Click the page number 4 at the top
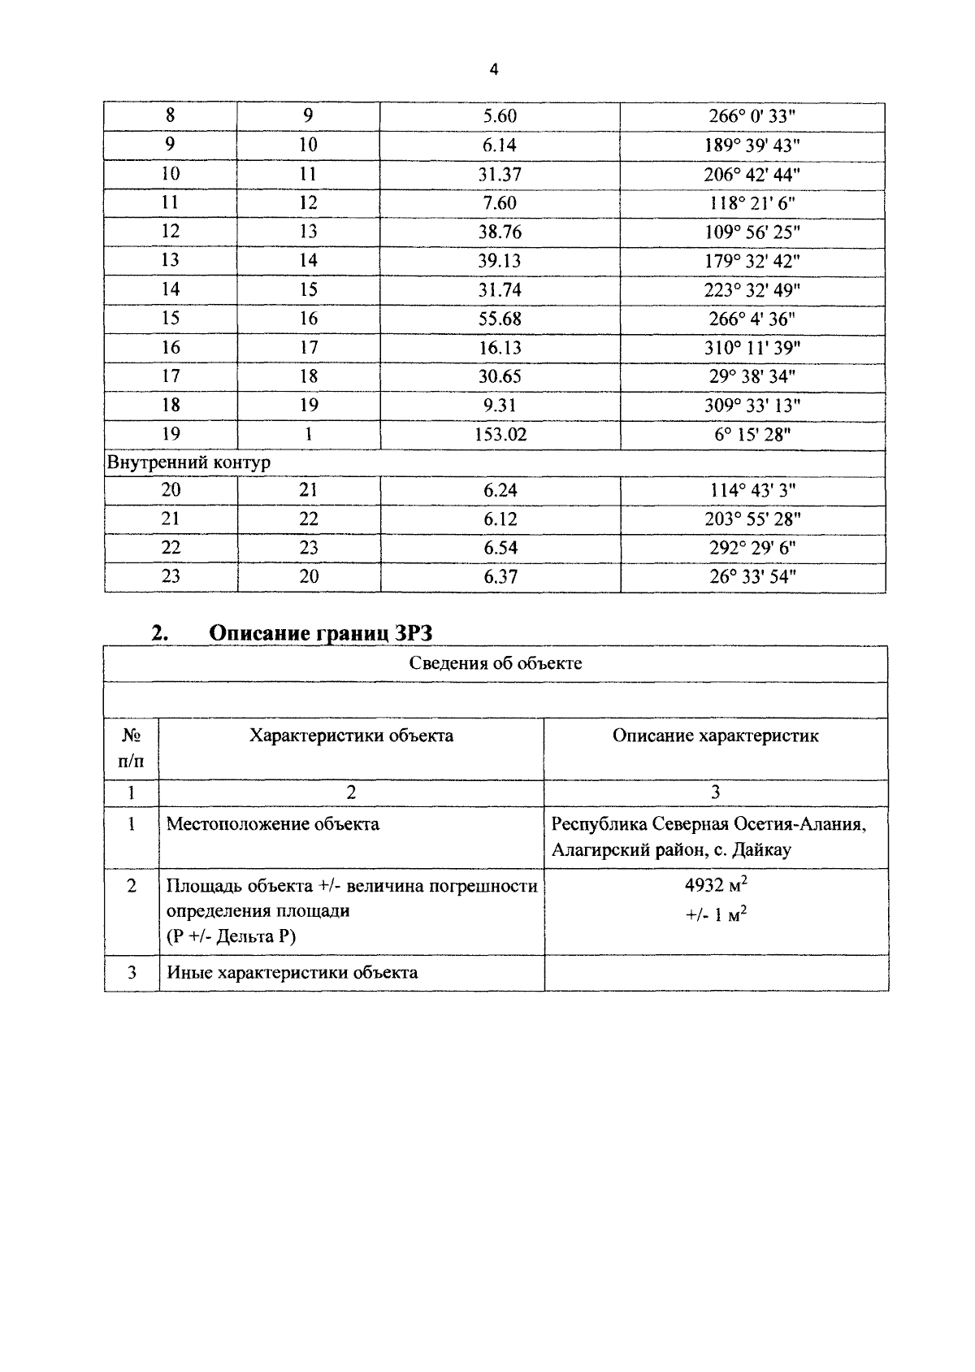[x=494, y=70]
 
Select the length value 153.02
[x=500, y=435]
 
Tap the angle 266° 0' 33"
[x=752, y=116]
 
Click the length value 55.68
[x=500, y=319]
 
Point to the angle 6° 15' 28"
[x=752, y=435]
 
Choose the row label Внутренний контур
[x=188, y=462]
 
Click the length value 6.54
[x=500, y=548]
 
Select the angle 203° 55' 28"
[x=752, y=519]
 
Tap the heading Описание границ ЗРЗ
[x=320, y=633]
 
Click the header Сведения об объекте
[x=495, y=663]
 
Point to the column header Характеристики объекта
[x=351, y=736]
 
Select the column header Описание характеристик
[x=715, y=736]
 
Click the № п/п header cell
[x=132, y=748]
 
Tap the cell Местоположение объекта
[x=273, y=824]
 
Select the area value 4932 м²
[x=715, y=885]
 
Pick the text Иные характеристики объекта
[x=292, y=973]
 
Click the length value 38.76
[x=500, y=232]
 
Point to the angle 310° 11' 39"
[x=752, y=348]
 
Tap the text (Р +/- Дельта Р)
[x=232, y=936]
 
